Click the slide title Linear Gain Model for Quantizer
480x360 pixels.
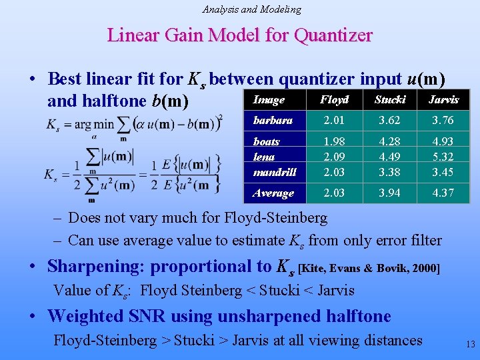pos(239,35)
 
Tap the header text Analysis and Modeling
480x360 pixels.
pos(252,9)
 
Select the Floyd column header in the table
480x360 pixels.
pos(334,100)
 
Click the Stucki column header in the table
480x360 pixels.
pos(390,100)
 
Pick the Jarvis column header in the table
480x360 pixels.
pos(443,100)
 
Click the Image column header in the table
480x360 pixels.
pos(269,100)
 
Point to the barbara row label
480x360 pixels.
pos(273,121)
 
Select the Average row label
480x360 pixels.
pos(273,193)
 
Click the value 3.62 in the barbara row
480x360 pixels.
pos(390,121)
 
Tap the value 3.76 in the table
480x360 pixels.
pos(443,121)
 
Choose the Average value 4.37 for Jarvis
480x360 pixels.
pos(443,193)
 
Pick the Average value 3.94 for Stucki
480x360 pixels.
pos(390,193)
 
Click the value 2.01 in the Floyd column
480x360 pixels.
pos(334,121)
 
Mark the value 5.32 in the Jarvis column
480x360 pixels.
pos(443,157)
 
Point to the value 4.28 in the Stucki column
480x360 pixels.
pos(390,142)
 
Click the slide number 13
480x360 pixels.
pos(470,345)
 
